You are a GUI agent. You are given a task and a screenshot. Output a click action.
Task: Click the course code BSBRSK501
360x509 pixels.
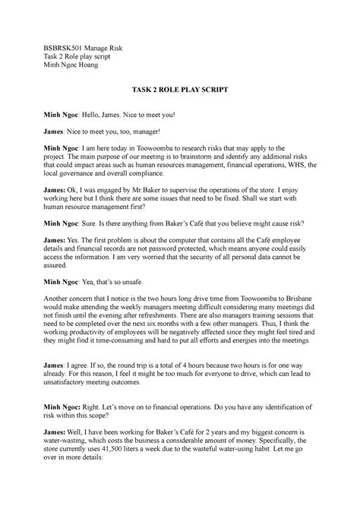coord(66,48)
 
